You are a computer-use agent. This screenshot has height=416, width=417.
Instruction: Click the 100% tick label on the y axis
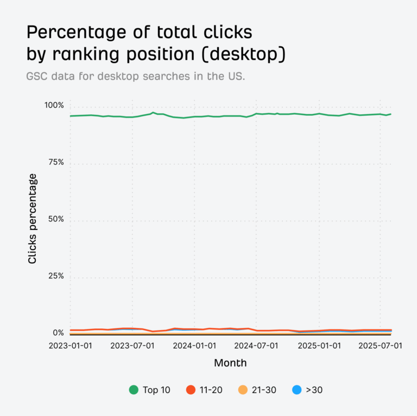[x=54, y=105]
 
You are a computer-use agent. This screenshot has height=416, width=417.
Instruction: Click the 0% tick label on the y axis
[x=58, y=333]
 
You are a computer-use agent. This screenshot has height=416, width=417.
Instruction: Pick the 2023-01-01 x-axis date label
[x=70, y=346]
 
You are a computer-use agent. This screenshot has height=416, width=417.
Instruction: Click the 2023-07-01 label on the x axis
[x=132, y=346]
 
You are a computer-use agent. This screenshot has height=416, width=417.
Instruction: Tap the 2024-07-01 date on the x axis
[x=257, y=346]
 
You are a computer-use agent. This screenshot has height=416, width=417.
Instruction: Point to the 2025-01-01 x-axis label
[x=319, y=346]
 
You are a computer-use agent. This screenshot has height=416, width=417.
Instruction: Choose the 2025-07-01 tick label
[x=381, y=346]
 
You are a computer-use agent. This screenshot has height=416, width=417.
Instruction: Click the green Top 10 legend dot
[x=134, y=389]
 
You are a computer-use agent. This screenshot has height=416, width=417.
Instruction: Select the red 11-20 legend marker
[x=191, y=389]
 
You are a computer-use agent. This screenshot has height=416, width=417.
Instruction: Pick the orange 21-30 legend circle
[x=243, y=389]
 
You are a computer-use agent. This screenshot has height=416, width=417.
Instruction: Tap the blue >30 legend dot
[x=297, y=389]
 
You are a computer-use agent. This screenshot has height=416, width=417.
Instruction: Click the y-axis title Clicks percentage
[x=33, y=219]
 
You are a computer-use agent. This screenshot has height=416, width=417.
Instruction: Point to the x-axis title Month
[x=230, y=363]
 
